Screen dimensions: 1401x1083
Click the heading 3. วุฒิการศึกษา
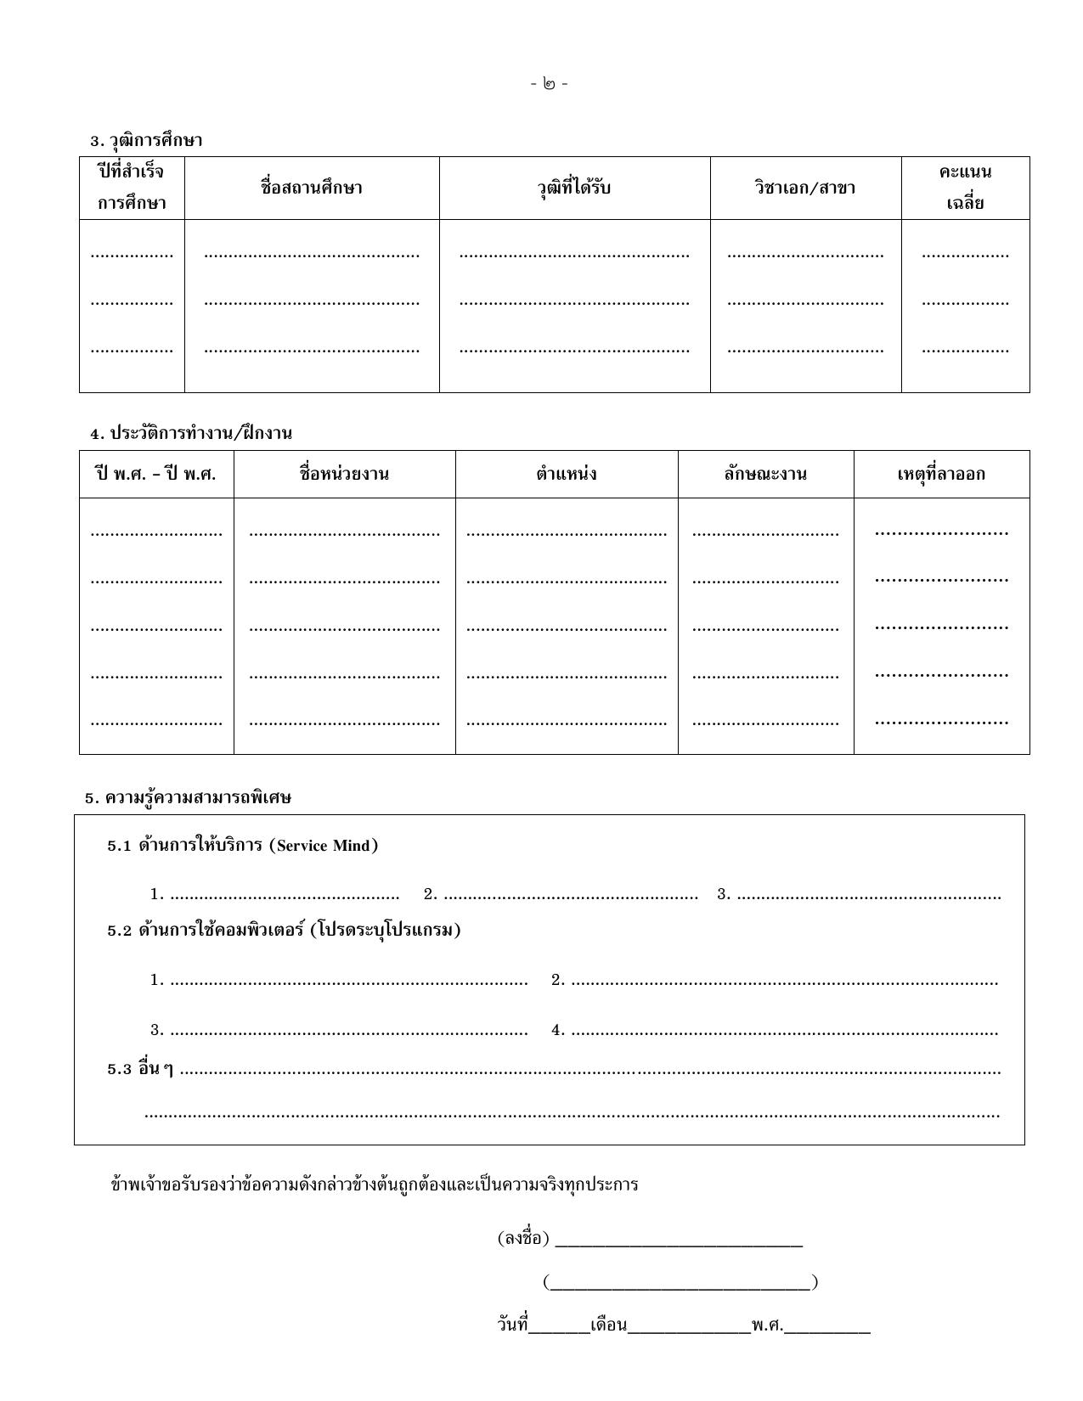(146, 140)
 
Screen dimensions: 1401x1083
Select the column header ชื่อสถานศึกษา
(312, 188)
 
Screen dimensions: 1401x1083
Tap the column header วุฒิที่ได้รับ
(574, 188)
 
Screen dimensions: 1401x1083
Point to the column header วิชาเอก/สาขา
(805, 188)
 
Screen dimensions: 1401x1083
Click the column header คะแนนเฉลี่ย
(965, 188)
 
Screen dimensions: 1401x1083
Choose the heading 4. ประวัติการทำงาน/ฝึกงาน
(191, 433)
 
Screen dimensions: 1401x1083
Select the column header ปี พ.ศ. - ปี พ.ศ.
(156, 474)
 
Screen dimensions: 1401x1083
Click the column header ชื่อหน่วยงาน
(344, 474)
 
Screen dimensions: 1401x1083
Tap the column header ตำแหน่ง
(566, 474)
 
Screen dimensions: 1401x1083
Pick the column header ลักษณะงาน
(765, 474)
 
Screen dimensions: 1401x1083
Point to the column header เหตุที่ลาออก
(941, 474)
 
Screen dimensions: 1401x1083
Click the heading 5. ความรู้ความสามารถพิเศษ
(188, 798)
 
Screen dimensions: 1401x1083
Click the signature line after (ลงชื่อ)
(678, 1241)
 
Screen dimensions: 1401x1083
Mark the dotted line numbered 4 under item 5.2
(783, 1031)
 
